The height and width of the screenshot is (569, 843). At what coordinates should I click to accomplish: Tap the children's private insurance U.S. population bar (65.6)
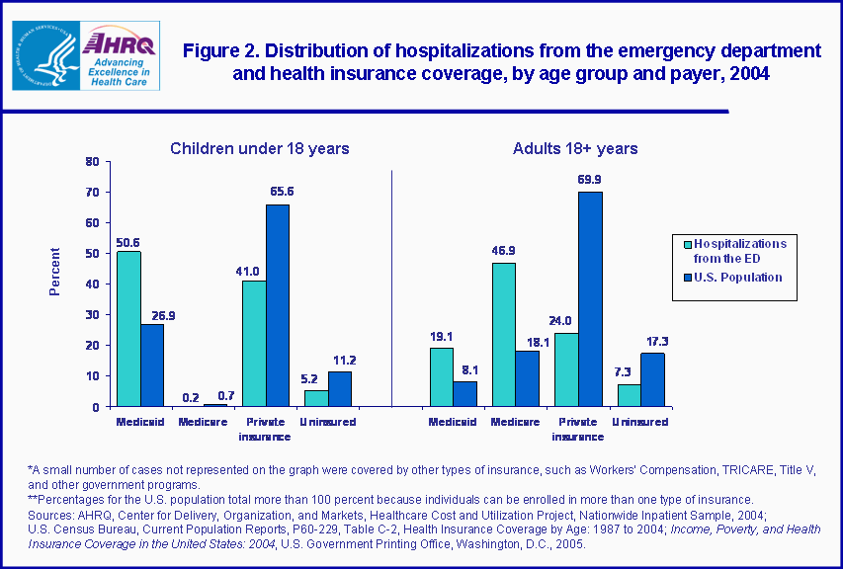click(x=277, y=305)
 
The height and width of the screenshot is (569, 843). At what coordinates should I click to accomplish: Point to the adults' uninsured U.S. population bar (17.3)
click(x=653, y=379)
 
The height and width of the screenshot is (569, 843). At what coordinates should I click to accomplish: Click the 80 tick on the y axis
click(x=92, y=161)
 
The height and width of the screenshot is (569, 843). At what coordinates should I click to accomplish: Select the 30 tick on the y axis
click(x=92, y=314)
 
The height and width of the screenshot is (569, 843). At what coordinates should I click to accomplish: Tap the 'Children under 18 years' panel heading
click(x=259, y=148)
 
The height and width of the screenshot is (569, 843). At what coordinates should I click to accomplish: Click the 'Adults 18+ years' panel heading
click(x=574, y=148)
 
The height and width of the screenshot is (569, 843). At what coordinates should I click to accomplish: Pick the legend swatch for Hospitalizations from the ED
click(x=686, y=243)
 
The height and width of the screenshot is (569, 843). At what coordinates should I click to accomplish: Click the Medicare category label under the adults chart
click(x=516, y=422)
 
